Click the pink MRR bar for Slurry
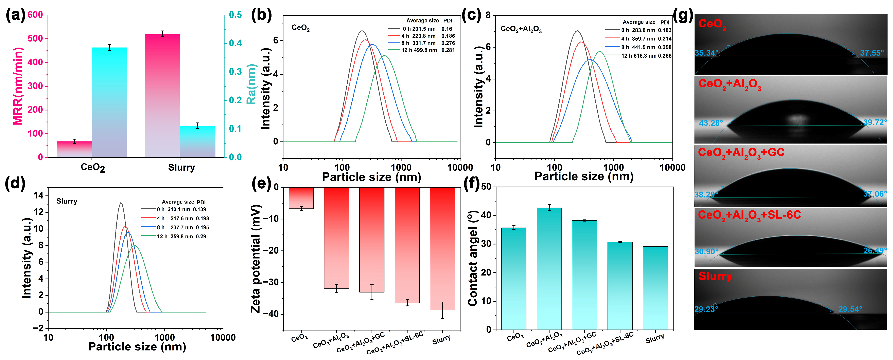(162, 95)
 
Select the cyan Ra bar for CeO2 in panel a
(109, 102)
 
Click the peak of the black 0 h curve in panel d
(120, 203)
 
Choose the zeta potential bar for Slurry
(442, 248)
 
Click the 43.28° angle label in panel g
(711, 123)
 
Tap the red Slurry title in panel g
(715, 276)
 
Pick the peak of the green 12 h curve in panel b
(384, 56)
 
